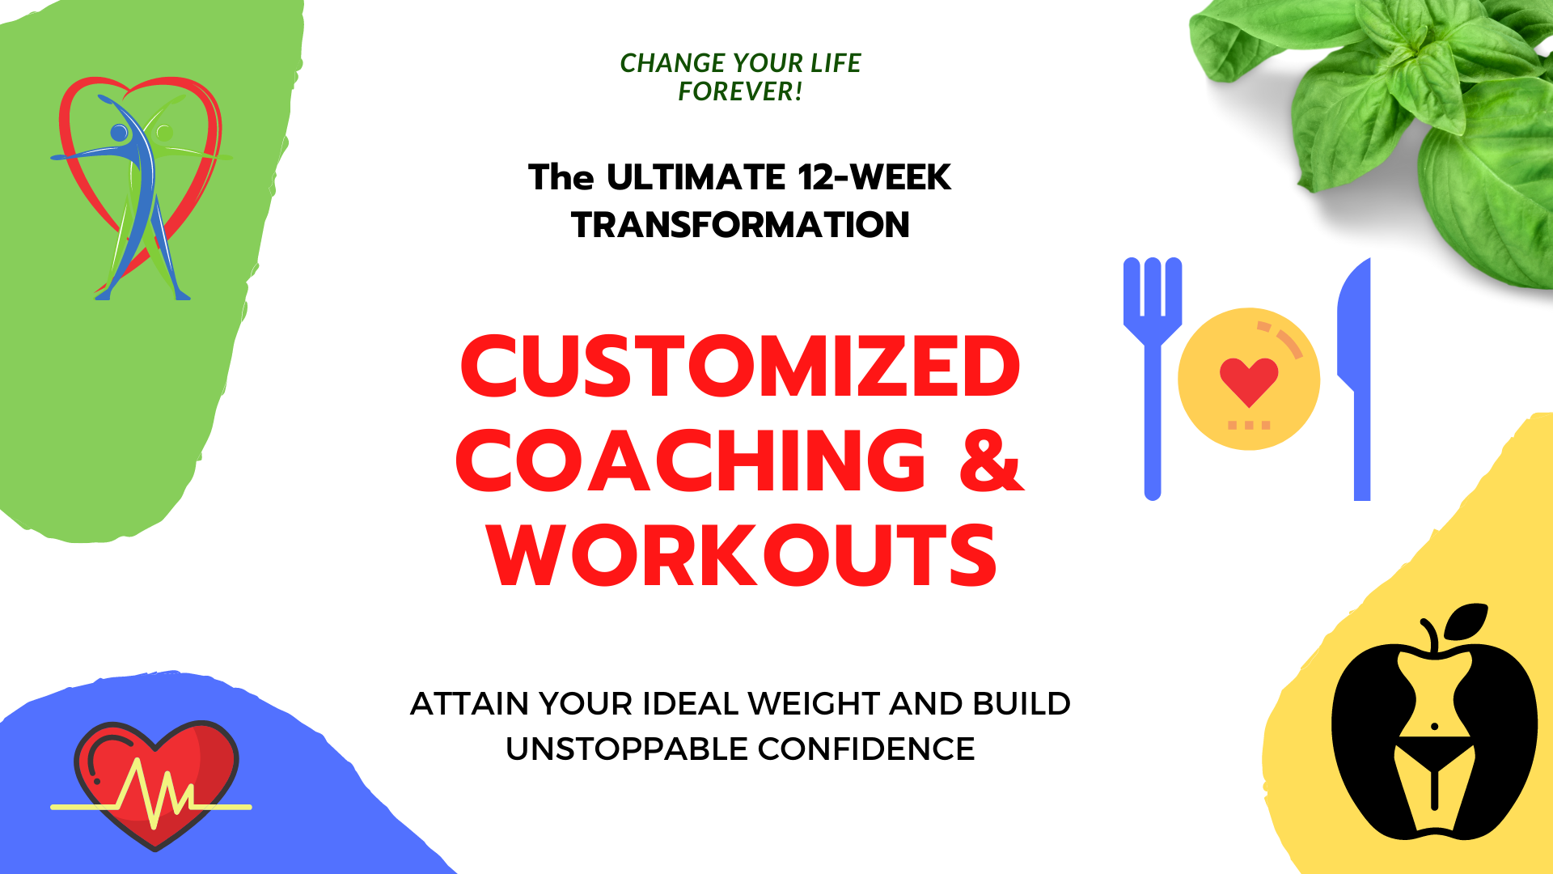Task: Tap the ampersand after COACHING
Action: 992,460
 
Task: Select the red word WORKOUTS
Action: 742,555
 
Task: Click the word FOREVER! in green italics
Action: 740,91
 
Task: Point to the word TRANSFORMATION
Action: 740,224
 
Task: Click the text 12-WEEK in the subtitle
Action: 874,177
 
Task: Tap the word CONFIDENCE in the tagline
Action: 866,749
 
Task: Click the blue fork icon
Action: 1153,379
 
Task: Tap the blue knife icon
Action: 1354,379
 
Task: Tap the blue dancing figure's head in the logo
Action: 120,133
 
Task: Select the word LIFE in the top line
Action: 836,62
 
